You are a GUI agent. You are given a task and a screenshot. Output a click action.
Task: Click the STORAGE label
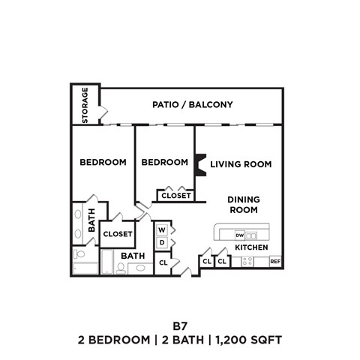[85, 106]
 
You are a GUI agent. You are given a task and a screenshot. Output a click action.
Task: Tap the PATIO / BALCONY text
[192, 105]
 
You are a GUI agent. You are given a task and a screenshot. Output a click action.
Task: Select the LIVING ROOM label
[240, 163]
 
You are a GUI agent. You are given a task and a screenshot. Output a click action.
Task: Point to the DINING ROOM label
[244, 204]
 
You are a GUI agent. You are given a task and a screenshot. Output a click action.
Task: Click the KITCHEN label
[252, 247]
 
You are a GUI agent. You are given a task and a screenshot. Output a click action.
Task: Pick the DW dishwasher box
[240, 235]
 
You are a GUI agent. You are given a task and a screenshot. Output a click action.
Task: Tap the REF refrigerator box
[274, 262]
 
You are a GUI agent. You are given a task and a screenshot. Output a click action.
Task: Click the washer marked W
[161, 230]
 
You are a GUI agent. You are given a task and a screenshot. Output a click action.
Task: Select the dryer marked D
[161, 244]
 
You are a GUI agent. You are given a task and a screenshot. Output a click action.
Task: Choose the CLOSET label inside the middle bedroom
[175, 196]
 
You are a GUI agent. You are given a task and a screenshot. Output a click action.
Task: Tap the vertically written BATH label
[91, 220]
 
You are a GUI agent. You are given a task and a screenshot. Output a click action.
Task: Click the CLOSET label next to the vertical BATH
[118, 234]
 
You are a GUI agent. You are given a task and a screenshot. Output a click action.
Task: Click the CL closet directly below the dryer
[163, 262]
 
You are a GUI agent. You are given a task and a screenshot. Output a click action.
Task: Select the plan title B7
[179, 326]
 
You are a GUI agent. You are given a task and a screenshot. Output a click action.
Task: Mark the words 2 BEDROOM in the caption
[114, 340]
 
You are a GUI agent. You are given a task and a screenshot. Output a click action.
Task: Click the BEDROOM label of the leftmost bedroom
[103, 162]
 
